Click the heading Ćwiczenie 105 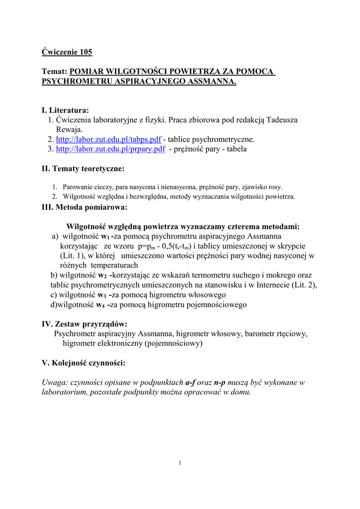click(67, 51)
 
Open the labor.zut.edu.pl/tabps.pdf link click(108, 139)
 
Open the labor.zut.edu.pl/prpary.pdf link click(110, 149)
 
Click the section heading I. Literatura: click(65, 110)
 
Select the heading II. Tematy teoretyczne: click(83, 169)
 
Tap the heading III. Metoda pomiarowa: click(84, 206)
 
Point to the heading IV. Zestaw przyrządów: click(84, 324)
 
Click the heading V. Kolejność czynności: click(84, 363)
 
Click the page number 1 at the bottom click(180, 463)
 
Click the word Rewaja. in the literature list click(69, 129)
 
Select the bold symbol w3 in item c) click(101, 295)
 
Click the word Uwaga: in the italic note click(55, 382)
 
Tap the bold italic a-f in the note click(191, 382)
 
